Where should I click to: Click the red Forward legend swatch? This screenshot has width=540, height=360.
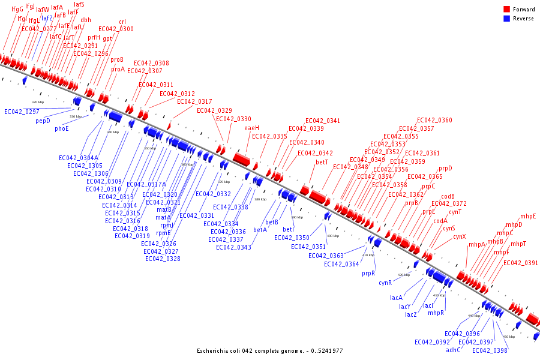click(507, 10)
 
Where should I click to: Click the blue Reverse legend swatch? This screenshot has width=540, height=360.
click(507, 19)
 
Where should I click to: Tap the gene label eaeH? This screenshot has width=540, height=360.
click(252, 128)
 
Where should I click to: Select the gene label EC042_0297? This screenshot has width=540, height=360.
click(22, 112)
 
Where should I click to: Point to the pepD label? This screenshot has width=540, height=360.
click(43, 121)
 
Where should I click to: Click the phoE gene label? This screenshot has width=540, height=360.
click(62, 128)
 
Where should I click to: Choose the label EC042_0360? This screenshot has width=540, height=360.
click(434, 121)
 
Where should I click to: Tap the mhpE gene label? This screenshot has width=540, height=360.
click(528, 216)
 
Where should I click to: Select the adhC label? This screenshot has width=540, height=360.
click(453, 350)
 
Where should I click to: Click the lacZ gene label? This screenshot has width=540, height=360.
click(410, 314)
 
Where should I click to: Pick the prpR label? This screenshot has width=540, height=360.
click(368, 273)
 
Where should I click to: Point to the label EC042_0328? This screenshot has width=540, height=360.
click(163, 259)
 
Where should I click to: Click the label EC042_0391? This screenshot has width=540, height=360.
click(521, 263)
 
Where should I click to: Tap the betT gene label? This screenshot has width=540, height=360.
click(322, 162)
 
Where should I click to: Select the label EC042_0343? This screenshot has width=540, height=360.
click(233, 247)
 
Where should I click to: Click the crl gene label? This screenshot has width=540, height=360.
click(122, 22)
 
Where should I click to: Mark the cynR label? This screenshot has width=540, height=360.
click(385, 283)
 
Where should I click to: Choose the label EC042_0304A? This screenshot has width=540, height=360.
click(78, 158)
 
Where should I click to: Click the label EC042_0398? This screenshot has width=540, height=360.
click(490, 350)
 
